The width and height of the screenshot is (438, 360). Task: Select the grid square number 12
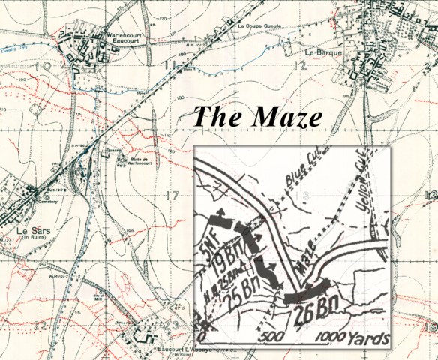301,67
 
